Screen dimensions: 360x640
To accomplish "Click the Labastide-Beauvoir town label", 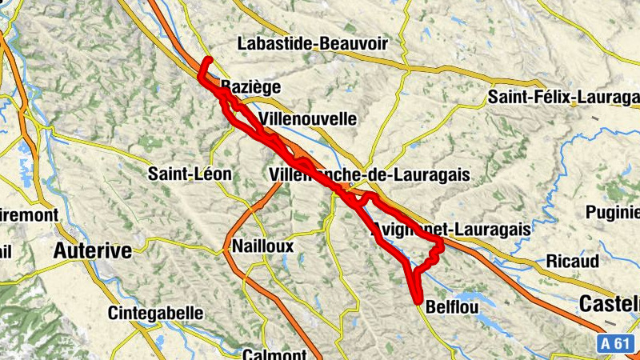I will pyautogui.click(x=301, y=43).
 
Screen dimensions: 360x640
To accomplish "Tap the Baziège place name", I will pyautogui.click(x=238, y=86).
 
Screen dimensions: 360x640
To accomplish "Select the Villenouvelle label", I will pyautogui.click(x=308, y=118).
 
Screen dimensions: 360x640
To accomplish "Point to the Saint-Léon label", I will pyautogui.click(x=190, y=174).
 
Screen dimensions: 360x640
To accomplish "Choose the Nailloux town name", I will pyautogui.click(x=262, y=246).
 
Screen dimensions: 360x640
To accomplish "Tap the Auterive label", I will pyautogui.click(x=92, y=251).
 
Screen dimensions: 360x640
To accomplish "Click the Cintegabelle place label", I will pyautogui.click(x=155, y=313).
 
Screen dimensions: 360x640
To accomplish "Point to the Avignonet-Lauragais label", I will pyautogui.click(x=451, y=230).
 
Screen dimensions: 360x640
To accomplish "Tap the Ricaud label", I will pyautogui.click(x=572, y=261).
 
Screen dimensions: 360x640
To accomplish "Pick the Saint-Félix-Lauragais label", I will pyautogui.click(x=563, y=98).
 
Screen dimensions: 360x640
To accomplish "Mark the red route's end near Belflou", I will pyautogui.click(x=418, y=300).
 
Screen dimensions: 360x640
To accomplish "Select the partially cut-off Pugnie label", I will pyautogui.click(x=613, y=212).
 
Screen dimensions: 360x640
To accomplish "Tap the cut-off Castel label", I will pyautogui.click(x=609, y=304).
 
